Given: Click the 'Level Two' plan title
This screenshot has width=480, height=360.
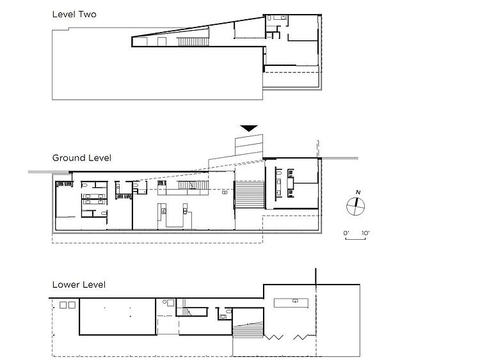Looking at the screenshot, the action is coord(74,14).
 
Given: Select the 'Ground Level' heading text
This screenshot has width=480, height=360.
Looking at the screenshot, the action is coord(82,158).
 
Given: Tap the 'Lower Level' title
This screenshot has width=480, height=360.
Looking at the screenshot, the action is coord(79,285).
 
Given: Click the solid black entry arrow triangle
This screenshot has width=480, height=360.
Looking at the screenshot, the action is coord(249,128).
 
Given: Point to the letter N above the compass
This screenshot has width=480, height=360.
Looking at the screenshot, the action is coord(358,192).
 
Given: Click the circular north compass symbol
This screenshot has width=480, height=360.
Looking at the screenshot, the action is coord(355,206).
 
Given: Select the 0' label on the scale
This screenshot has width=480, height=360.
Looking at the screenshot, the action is coord(346,233).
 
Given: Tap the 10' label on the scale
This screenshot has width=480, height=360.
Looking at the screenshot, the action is coord(365,233).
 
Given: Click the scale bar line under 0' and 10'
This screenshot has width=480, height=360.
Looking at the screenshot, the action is coord(355,239).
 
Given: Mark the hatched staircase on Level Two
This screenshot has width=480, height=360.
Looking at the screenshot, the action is coord(193,42).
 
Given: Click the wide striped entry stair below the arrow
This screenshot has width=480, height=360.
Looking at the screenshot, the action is coord(250,194).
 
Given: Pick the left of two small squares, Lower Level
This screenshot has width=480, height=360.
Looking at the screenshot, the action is coord(63,305).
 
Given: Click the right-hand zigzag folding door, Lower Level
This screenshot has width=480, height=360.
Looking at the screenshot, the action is coord(301,337).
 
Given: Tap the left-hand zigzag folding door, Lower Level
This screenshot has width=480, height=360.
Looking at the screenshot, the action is coord(274,337).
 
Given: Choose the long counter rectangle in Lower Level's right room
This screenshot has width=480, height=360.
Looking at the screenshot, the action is coord(291,303).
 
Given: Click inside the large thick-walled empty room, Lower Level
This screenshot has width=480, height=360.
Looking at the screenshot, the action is coord(118,317).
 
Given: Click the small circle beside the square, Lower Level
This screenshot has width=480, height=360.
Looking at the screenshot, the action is coord(164,302).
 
